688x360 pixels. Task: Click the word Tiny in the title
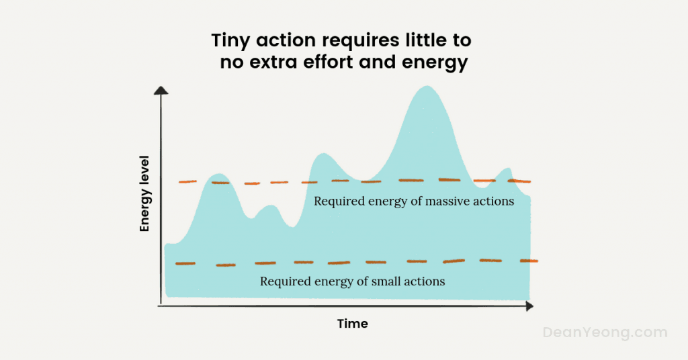click(230, 41)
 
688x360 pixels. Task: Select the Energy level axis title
click(144, 194)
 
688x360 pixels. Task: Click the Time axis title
click(352, 324)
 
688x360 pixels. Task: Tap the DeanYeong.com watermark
click(605, 332)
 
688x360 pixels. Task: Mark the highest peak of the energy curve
click(426, 87)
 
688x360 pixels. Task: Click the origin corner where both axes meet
click(160, 306)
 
